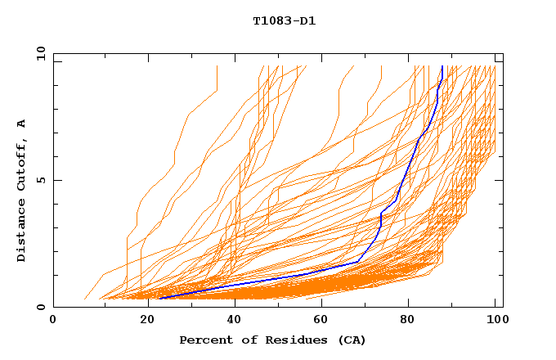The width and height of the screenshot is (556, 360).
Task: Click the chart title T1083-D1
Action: click(x=284, y=20)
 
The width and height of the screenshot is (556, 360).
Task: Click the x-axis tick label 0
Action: click(x=53, y=320)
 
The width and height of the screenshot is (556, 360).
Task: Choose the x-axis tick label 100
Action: click(x=495, y=320)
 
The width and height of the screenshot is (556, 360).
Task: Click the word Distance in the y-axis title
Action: click(x=22, y=230)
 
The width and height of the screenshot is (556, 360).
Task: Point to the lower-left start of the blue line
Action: click(x=159, y=299)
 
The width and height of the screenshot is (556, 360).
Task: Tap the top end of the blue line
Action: click(x=442, y=66)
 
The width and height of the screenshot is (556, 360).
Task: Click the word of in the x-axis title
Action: click(x=244, y=340)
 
